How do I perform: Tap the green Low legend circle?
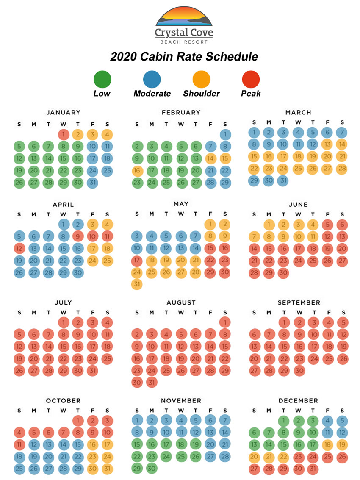click(x=102, y=79)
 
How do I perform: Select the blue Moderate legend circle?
click(x=152, y=79)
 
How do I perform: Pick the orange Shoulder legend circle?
click(x=201, y=79)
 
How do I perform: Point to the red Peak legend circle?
click(x=251, y=79)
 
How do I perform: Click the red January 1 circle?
click(x=63, y=135)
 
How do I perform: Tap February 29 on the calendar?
click(x=225, y=183)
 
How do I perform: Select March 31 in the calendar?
click(x=283, y=180)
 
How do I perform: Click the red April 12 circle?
click(x=19, y=248)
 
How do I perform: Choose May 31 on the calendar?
click(x=137, y=284)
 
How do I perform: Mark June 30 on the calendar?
click(x=283, y=273)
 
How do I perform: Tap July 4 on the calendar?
click(x=107, y=322)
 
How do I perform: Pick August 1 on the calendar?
click(x=225, y=322)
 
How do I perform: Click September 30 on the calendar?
click(x=299, y=370)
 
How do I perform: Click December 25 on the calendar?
click(x=327, y=457)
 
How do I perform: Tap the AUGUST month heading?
click(x=181, y=302)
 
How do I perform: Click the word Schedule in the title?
click(x=230, y=57)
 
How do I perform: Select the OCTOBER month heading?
click(x=63, y=400)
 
